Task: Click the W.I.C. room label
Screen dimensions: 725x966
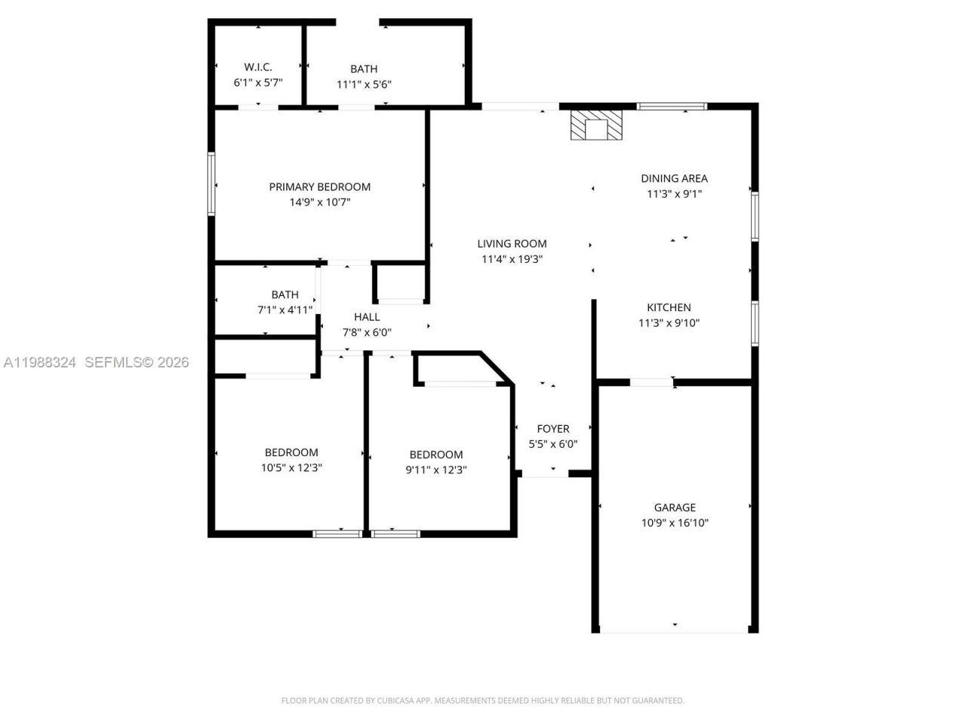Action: tap(258, 67)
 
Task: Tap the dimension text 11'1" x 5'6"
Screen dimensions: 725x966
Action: tap(364, 85)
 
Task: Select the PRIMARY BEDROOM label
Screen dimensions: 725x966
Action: tap(320, 187)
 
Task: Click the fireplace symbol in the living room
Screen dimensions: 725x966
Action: tap(596, 125)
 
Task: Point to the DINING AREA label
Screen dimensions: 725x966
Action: tap(674, 178)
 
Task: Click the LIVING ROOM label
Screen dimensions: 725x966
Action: tap(512, 243)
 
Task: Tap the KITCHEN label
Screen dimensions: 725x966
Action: tap(669, 307)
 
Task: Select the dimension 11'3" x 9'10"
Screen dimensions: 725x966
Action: tap(669, 323)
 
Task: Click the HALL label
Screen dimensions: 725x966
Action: tap(367, 317)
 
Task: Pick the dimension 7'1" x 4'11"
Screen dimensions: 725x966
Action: tap(285, 310)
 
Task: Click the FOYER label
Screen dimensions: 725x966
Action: tap(553, 428)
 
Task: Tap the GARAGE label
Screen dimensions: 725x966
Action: tap(675, 507)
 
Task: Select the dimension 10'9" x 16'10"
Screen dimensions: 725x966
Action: tap(675, 523)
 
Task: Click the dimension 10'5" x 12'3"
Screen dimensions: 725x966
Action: tap(291, 467)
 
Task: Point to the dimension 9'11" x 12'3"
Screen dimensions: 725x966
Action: tap(436, 470)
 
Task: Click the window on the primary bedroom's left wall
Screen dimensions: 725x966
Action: tap(211, 184)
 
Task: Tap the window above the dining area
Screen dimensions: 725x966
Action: tap(672, 106)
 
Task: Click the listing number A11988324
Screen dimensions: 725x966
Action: tap(40, 362)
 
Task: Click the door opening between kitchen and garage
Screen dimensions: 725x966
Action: tap(651, 382)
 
